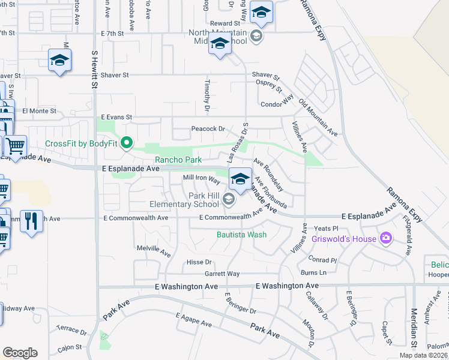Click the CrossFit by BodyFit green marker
(x=127, y=143)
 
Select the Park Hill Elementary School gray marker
(x=228, y=199)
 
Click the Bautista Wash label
(x=241, y=235)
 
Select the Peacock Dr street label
(x=208, y=129)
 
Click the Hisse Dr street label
(x=199, y=262)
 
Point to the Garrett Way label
(x=222, y=274)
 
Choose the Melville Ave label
(x=154, y=249)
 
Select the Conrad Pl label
(x=323, y=260)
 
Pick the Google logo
(x=20, y=353)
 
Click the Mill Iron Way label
(x=202, y=178)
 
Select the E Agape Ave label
(x=193, y=319)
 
